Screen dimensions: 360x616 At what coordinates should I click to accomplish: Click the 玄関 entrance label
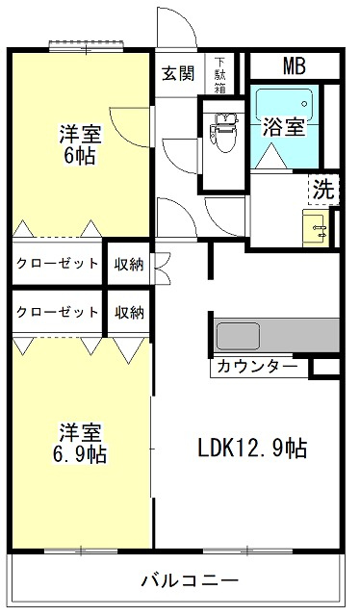coord(179,73)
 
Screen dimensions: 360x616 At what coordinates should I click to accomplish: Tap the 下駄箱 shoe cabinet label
coord(220,75)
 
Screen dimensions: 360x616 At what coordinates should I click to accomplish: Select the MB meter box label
coord(294,66)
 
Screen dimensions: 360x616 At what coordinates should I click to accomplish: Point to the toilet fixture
coord(223,133)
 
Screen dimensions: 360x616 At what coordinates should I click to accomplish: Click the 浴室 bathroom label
coord(284,126)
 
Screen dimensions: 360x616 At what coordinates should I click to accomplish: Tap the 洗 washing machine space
coord(323,190)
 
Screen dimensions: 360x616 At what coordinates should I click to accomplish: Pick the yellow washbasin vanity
coord(316,228)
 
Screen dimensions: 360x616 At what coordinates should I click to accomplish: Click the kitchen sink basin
coord(238,335)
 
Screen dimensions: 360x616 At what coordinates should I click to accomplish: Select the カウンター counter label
coord(257,367)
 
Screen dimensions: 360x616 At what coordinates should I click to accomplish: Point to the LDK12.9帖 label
coord(252,448)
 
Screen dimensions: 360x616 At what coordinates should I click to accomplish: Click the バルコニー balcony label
coord(190,579)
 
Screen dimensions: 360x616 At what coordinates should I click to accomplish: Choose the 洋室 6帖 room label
coord(80,144)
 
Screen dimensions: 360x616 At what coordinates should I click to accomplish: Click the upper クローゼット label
coord(57,263)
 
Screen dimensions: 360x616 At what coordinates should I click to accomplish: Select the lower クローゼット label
coord(57,312)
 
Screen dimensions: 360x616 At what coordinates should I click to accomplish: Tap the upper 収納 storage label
coord(129,265)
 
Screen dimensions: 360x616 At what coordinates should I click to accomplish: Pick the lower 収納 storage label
coord(129,313)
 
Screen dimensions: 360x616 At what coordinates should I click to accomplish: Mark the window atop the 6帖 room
coord(87,45)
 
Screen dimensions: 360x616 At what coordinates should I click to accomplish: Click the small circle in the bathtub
coord(304,104)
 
